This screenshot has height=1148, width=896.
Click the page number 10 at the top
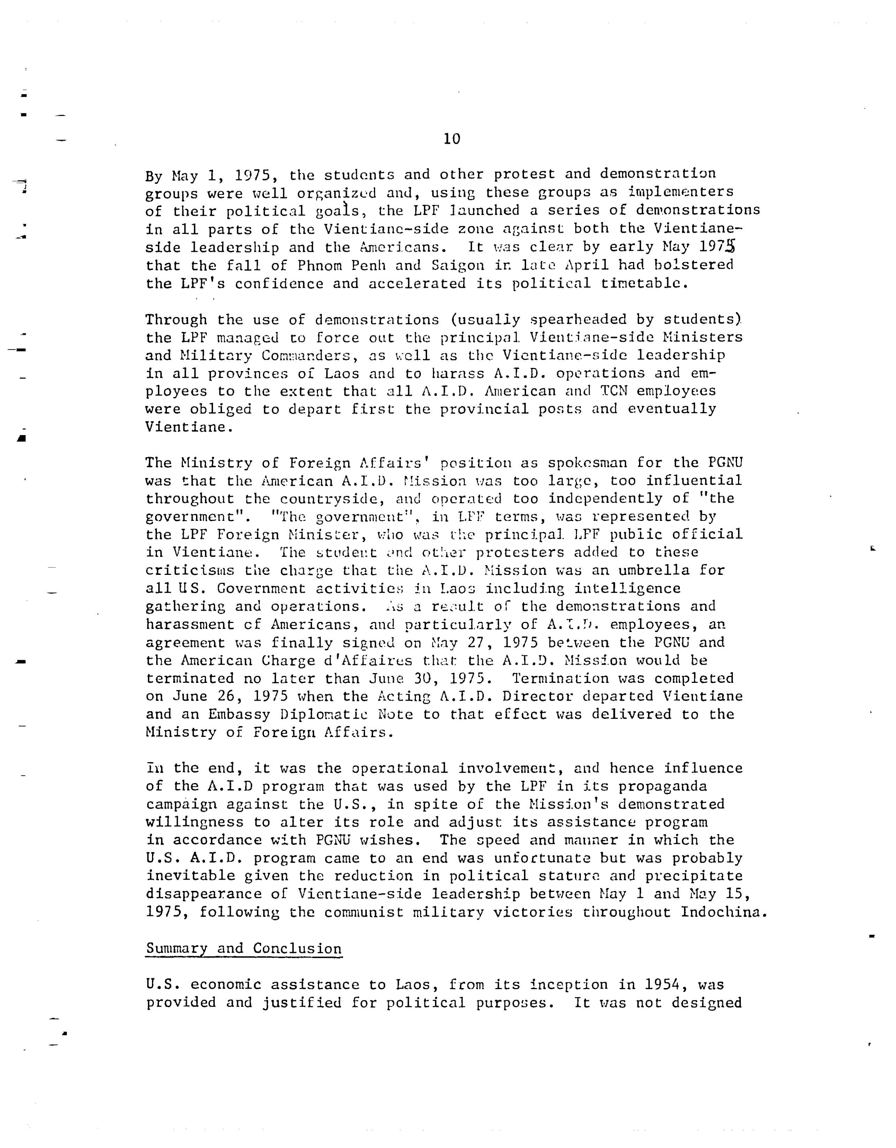(452, 139)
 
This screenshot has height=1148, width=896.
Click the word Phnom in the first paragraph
(319, 265)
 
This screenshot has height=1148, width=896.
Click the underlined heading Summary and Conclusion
(244, 949)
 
